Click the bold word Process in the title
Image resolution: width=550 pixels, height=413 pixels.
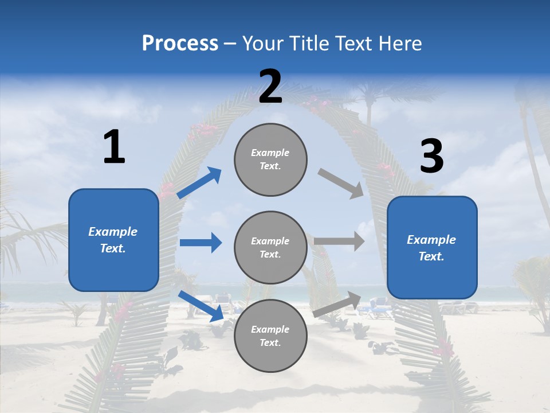180,43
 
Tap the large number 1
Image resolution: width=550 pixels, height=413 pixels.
114,147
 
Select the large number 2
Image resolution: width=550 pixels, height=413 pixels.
270,87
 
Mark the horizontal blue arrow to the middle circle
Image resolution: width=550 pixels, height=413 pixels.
201,243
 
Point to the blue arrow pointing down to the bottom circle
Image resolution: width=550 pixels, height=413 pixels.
201,305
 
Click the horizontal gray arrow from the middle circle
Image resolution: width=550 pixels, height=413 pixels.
339,241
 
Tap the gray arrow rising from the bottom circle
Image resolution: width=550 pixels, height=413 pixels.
337,304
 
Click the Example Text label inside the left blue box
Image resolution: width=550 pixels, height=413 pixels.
113,240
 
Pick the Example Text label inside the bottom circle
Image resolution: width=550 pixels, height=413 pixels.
270,336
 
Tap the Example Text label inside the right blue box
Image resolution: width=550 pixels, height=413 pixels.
431,248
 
